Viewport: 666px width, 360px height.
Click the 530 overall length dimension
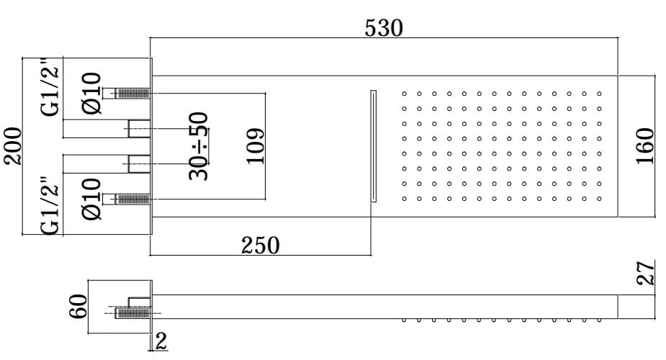pyautogui.click(x=384, y=29)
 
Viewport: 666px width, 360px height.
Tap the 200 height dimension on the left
pyautogui.click(x=13, y=146)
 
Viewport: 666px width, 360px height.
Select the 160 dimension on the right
pyautogui.click(x=645, y=146)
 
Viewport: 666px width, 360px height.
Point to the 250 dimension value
pyautogui.click(x=260, y=245)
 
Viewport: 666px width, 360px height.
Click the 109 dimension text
pyautogui.click(x=256, y=145)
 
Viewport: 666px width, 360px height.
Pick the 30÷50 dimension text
pyautogui.click(x=198, y=145)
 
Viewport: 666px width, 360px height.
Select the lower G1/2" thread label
pyautogui.click(x=51, y=207)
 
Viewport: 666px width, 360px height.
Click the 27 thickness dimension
pyautogui.click(x=646, y=274)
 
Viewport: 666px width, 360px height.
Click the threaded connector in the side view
pyautogui.click(x=132, y=312)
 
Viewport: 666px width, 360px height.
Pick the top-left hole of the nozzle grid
pyautogui.click(x=404, y=93)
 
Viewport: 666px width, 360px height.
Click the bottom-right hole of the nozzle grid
pyautogui.click(x=599, y=199)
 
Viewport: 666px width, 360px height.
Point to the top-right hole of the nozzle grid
pyautogui.click(x=599, y=93)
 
